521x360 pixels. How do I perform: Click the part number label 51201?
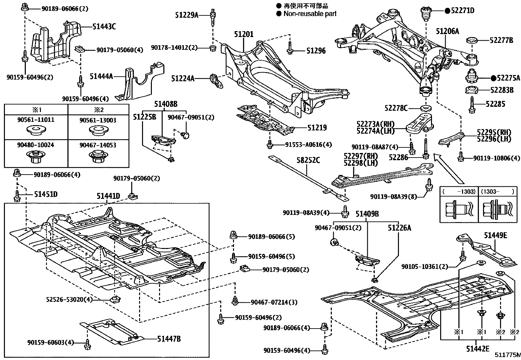243,34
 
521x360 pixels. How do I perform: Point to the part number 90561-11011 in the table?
36,120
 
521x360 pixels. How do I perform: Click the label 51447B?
169,339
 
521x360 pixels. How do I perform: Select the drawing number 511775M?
507,355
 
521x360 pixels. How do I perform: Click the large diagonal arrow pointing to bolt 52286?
448,169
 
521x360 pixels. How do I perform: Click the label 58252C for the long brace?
308,161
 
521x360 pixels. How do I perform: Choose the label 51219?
317,128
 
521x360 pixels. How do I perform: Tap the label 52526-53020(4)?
69,299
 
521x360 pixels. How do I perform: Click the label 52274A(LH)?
376,130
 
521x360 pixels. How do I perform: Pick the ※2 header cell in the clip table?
98,109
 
